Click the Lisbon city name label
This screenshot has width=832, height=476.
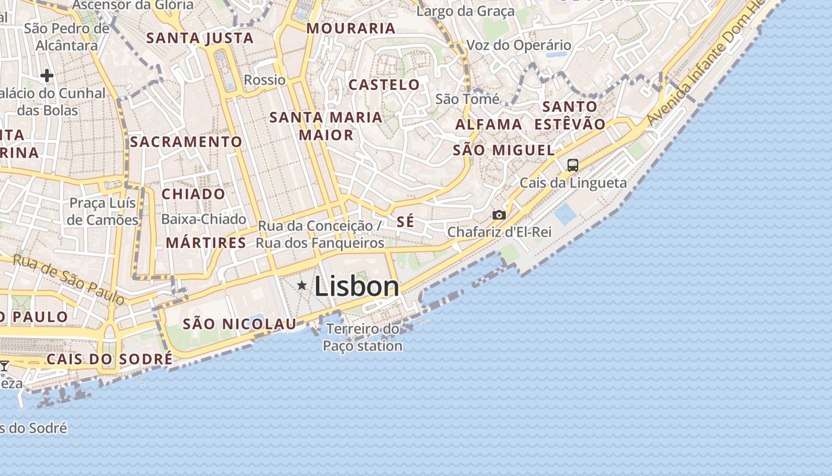[x=357, y=287]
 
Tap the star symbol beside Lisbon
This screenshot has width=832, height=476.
[x=302, y=286]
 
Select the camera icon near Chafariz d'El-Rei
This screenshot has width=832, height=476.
[x=499, y=215]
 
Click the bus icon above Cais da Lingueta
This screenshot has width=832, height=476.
[x=572, y=165]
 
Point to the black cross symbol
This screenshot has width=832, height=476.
[x=47, y=76]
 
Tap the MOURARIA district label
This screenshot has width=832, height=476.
[x=351, y=29]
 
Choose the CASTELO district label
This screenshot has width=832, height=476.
[x=384, y=84]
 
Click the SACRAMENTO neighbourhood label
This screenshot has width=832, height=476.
[x=186, y=142]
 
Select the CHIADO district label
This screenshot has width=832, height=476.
[x=194, y=194]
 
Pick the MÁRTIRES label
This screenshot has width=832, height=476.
[x=206, y=243]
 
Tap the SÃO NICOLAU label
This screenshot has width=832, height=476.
[x=239, y=324]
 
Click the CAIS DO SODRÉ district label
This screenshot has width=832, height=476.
[x=109, y=359]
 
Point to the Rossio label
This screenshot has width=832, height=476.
[x=265, y=80]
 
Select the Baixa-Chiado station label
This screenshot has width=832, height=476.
[x=204, y=219]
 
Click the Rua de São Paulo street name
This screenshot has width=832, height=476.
[x=68, y=279]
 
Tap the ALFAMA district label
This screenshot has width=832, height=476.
[x=489, y=125]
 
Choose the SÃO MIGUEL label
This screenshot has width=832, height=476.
[x=504, y=150]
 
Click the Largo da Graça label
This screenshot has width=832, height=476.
[x=465, y=11]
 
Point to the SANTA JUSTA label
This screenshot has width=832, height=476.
[x=200, y=39]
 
